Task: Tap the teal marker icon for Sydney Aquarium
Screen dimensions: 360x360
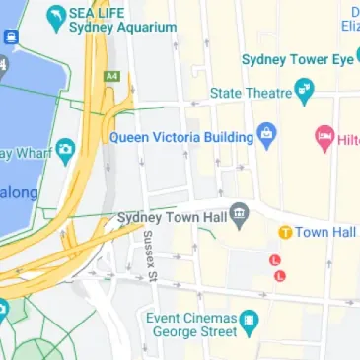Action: pyautogui.click(x=56, y=17)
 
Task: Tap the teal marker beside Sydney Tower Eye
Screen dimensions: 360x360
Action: pyautogui.click(x=345, y=59)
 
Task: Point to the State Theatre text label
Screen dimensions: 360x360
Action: pyautogui.click(x=251, y=93)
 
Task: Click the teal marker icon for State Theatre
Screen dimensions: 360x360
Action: pyautogui.click(x=304, y=95)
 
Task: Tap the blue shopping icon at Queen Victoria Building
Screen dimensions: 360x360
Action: pyautogui.click(x=265, y=133)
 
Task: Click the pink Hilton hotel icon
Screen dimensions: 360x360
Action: pyautogui.click(x=323, y=134)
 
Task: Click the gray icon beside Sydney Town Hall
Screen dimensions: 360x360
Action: pyautogui.click(x=237, y=215)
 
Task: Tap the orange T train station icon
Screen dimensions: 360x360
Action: pyautogui.click(x=285, y=232)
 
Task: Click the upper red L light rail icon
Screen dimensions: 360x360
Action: pyautogui.click(x=275, y=259)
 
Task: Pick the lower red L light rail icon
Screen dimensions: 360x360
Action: pyautogui.click(x=280, y=275)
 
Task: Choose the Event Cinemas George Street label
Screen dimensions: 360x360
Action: pyautogui.click(x=191, y=325)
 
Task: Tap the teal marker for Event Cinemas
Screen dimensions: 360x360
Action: pyautogui.click(x=250, y=320)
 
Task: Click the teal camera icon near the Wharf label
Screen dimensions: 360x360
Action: pyautogui.click(x=66, y=150)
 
